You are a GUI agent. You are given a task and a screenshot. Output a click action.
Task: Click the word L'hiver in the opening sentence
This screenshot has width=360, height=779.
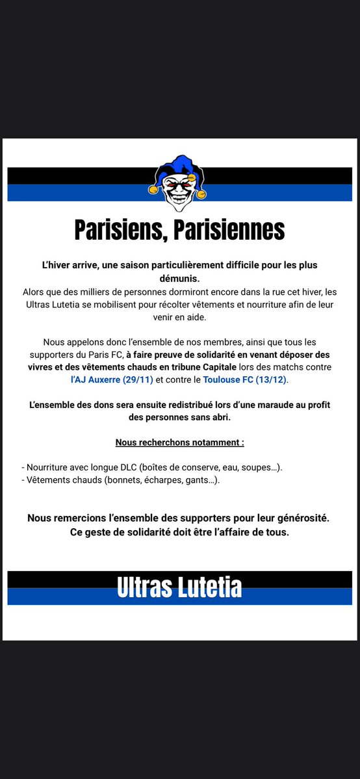(57, 265)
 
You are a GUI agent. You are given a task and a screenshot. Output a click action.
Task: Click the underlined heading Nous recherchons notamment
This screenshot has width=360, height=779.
(179, 442)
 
